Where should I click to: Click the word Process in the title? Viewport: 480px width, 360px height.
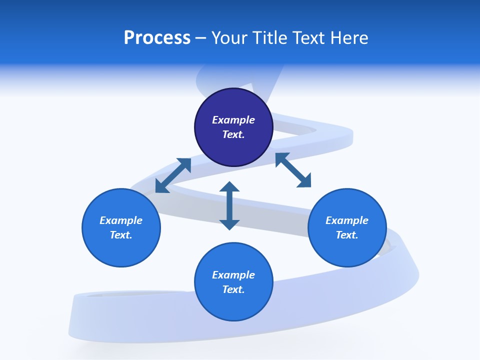157,38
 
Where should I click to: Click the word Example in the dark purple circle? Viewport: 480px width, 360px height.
233,120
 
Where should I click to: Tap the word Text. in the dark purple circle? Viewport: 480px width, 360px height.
233,134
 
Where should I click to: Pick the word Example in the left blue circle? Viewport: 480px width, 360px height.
121,220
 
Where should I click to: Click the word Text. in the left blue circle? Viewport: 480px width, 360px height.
121,235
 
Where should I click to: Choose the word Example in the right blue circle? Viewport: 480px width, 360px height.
347,220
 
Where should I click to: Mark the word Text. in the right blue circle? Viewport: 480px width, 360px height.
347,235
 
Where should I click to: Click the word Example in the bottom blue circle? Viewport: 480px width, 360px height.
233,275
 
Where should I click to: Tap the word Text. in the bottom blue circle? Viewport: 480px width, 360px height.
233,289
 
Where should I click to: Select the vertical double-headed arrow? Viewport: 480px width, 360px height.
229,205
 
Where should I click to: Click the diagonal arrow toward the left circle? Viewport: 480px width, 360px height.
173,175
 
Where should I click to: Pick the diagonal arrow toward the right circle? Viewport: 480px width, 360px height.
293,170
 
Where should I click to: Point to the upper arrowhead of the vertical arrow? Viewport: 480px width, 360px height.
229,187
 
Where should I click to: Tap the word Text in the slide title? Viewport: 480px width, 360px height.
307,38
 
